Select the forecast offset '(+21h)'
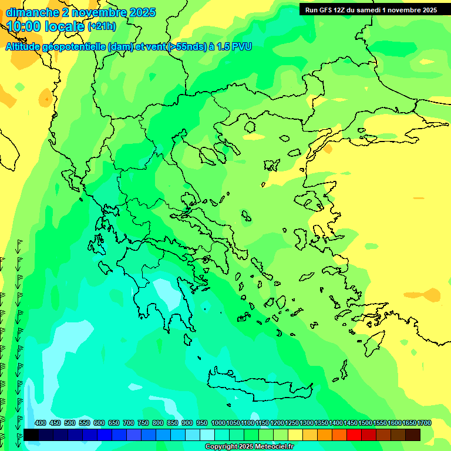tap(102, 26)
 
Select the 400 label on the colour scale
tap(40, 423)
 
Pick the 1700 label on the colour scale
tap(424, 423)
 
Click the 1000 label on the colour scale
tap(218, 423)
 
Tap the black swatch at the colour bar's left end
tap(31, 435)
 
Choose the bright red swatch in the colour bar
tap(354, 435)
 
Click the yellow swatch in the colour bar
tap(295, 435)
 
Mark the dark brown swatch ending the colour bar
tap(413, 435)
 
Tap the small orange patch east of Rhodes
tap(430, 294)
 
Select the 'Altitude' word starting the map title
tap(26, 47)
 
